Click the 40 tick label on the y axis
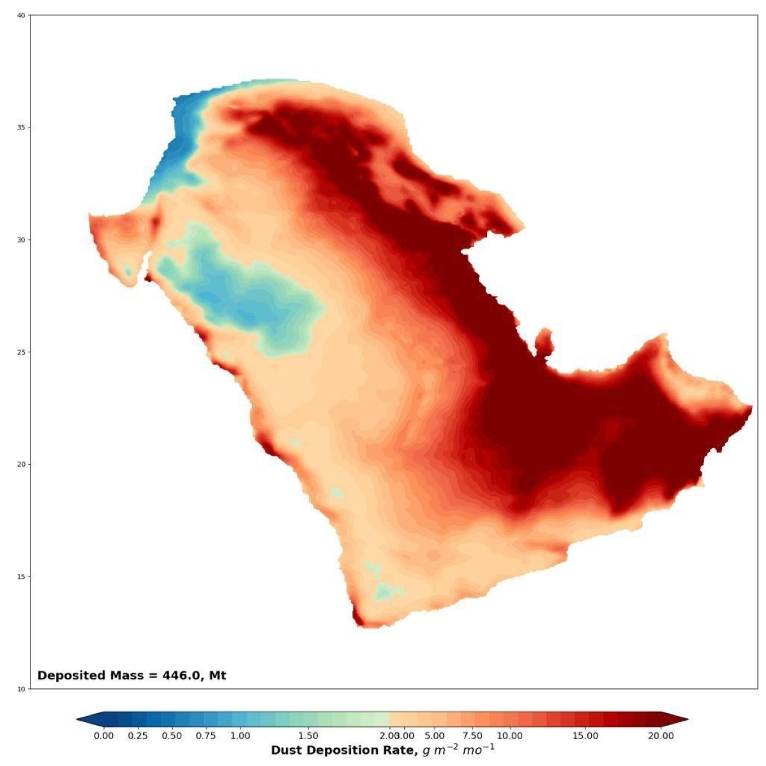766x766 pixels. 20,15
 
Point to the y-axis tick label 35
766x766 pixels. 20,128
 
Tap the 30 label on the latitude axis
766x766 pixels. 20,240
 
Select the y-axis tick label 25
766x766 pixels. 20,352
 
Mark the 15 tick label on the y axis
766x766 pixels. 20,577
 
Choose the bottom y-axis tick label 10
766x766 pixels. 20,689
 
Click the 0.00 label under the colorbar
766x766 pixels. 104,736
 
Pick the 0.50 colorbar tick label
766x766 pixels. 172,736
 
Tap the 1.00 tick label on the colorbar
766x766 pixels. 240,736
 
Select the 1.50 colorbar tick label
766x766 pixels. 308,736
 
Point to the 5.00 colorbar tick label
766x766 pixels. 435,736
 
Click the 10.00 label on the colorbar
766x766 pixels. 509,736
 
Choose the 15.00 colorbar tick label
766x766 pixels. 585,736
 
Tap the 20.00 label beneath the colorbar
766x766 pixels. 661,736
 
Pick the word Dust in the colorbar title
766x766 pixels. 285,750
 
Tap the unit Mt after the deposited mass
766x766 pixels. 218,675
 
